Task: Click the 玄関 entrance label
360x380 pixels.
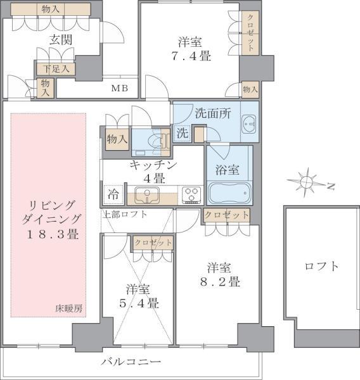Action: tap(61, 39)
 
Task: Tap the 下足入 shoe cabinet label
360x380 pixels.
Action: tap(56, 68)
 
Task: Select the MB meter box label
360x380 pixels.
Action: tap(120, 88)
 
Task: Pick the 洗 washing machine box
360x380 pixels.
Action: tap(182, 134)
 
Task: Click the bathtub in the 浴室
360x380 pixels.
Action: tap(229, 192)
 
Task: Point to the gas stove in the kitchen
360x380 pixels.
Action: tap(191, 195)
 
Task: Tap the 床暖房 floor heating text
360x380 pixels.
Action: tap(68, 308)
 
